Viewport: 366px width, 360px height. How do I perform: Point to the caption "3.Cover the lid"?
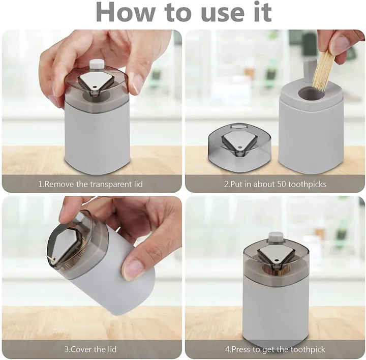tap(91, 350)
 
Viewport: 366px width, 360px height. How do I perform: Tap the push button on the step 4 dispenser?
tap(275, 236)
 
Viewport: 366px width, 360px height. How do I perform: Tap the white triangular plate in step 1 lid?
tap(94, 83)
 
